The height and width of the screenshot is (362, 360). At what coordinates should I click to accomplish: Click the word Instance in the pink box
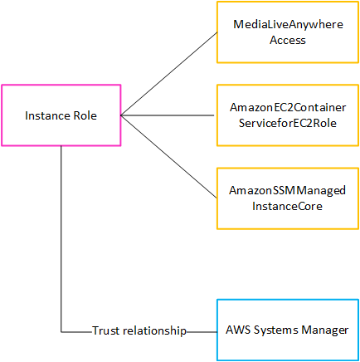47,115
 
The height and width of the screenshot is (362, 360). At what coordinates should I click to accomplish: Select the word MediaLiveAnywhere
288,26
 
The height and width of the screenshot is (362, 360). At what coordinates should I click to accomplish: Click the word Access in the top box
288,40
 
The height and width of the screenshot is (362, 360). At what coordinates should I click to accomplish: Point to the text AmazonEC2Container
288,109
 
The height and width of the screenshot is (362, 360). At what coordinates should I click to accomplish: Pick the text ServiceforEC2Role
288,123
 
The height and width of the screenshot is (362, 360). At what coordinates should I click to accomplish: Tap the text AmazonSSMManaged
288,191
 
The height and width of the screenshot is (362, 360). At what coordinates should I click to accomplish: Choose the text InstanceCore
288,205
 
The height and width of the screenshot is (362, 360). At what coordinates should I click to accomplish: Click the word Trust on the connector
105,330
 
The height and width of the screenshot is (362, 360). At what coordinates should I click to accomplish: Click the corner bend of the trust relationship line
61,330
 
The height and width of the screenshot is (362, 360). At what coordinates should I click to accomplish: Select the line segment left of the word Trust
76,330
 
